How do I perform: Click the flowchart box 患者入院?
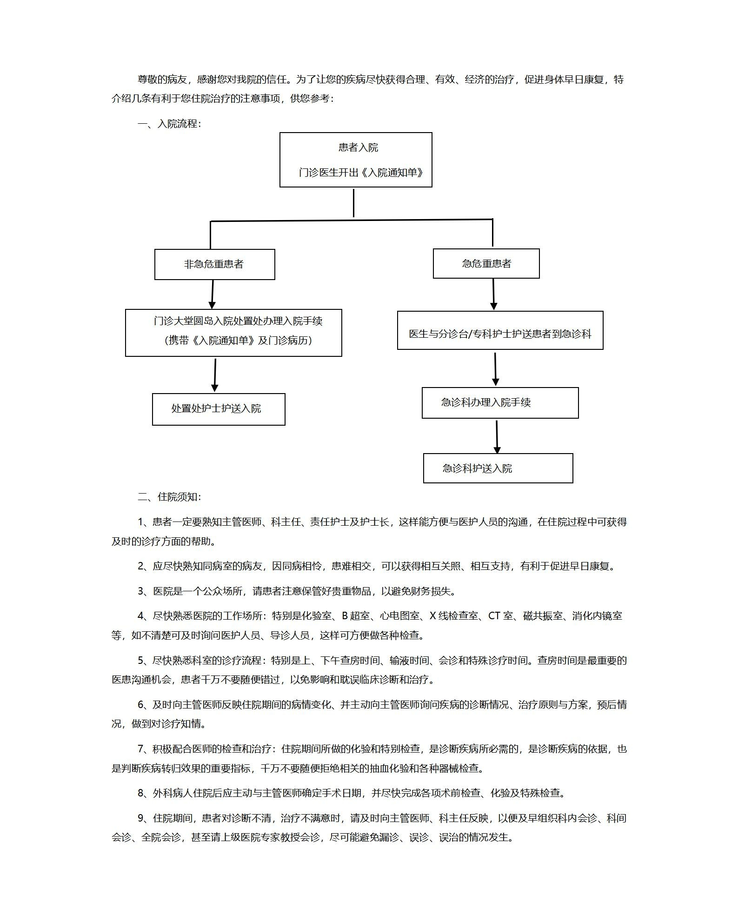(x=356, y=160)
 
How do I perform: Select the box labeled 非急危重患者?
(x=214, y=264)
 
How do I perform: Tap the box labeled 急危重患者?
(x=486, y=264)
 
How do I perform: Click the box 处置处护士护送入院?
(x=219, y=409)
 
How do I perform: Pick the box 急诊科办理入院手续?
(x=500, y=403)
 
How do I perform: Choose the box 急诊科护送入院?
(x=498, y=468)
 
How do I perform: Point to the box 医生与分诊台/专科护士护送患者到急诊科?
(x=500, y=331)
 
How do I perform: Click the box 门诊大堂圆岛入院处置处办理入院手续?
(x=233, y=333)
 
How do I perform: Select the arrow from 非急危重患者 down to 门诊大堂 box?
(x=213, y=294)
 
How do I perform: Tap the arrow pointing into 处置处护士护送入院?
(x=215, y=375)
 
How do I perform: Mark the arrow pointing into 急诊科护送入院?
(x=497, y=436)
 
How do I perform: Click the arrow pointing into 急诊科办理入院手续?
(x=495, y=369)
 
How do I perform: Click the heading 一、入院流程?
(x=169, y=124)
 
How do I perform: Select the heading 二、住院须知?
(x=169, y=497)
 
